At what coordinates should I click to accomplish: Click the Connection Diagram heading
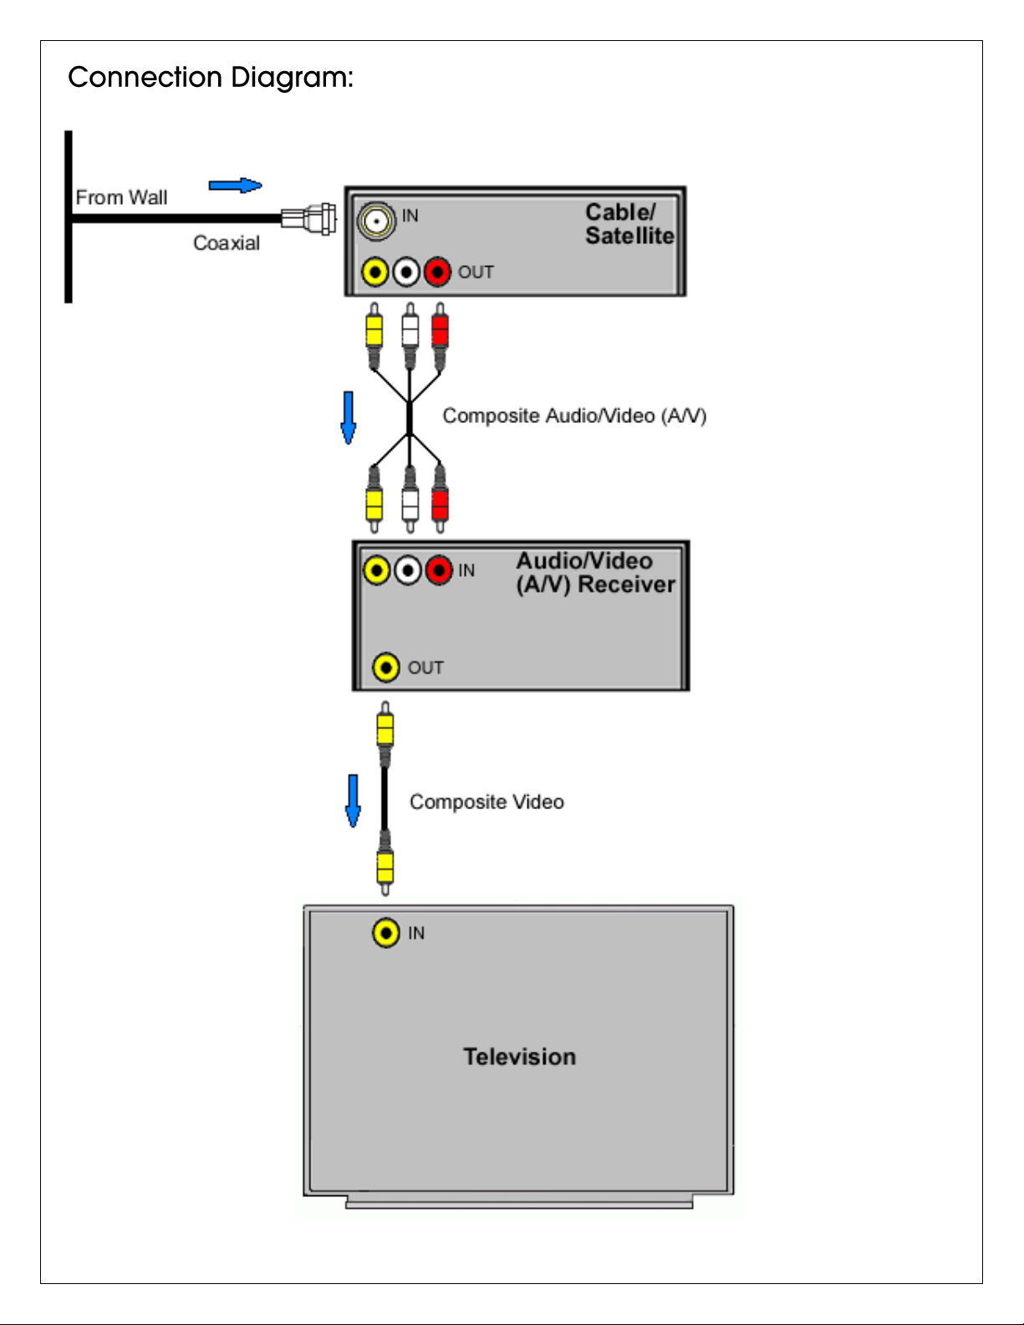pos(211,78)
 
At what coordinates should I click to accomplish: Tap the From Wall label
pos(121,197)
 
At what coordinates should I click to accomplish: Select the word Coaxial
pos(227,242)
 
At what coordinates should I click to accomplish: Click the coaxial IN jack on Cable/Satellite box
pos(376,221)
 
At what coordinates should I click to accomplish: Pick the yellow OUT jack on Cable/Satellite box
pos(374,272)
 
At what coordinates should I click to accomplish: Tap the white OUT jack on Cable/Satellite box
pos(406,272)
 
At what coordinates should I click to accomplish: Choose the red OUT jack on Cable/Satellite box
pos(437,272)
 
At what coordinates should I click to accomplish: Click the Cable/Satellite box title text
pos(629,224)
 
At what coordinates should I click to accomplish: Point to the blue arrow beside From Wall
pos(235,186)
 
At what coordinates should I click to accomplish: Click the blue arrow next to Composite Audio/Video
pos(348,418)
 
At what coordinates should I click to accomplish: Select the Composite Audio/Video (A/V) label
pos(574,415)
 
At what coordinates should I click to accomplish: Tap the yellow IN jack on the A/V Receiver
pos(377,571)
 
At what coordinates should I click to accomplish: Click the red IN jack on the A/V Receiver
pos(439,571)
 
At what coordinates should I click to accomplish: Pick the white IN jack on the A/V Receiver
pos(408,571)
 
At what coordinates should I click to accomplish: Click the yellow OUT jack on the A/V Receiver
pos(386,668)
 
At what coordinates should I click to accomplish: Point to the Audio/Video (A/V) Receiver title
pos(595,573)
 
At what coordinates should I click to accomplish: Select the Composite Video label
pos(487,802)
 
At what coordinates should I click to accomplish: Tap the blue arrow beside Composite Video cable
pos(353,801)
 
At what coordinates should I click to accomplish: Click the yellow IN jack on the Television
pos(386,933)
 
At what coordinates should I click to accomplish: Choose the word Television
pos(519,1057)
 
